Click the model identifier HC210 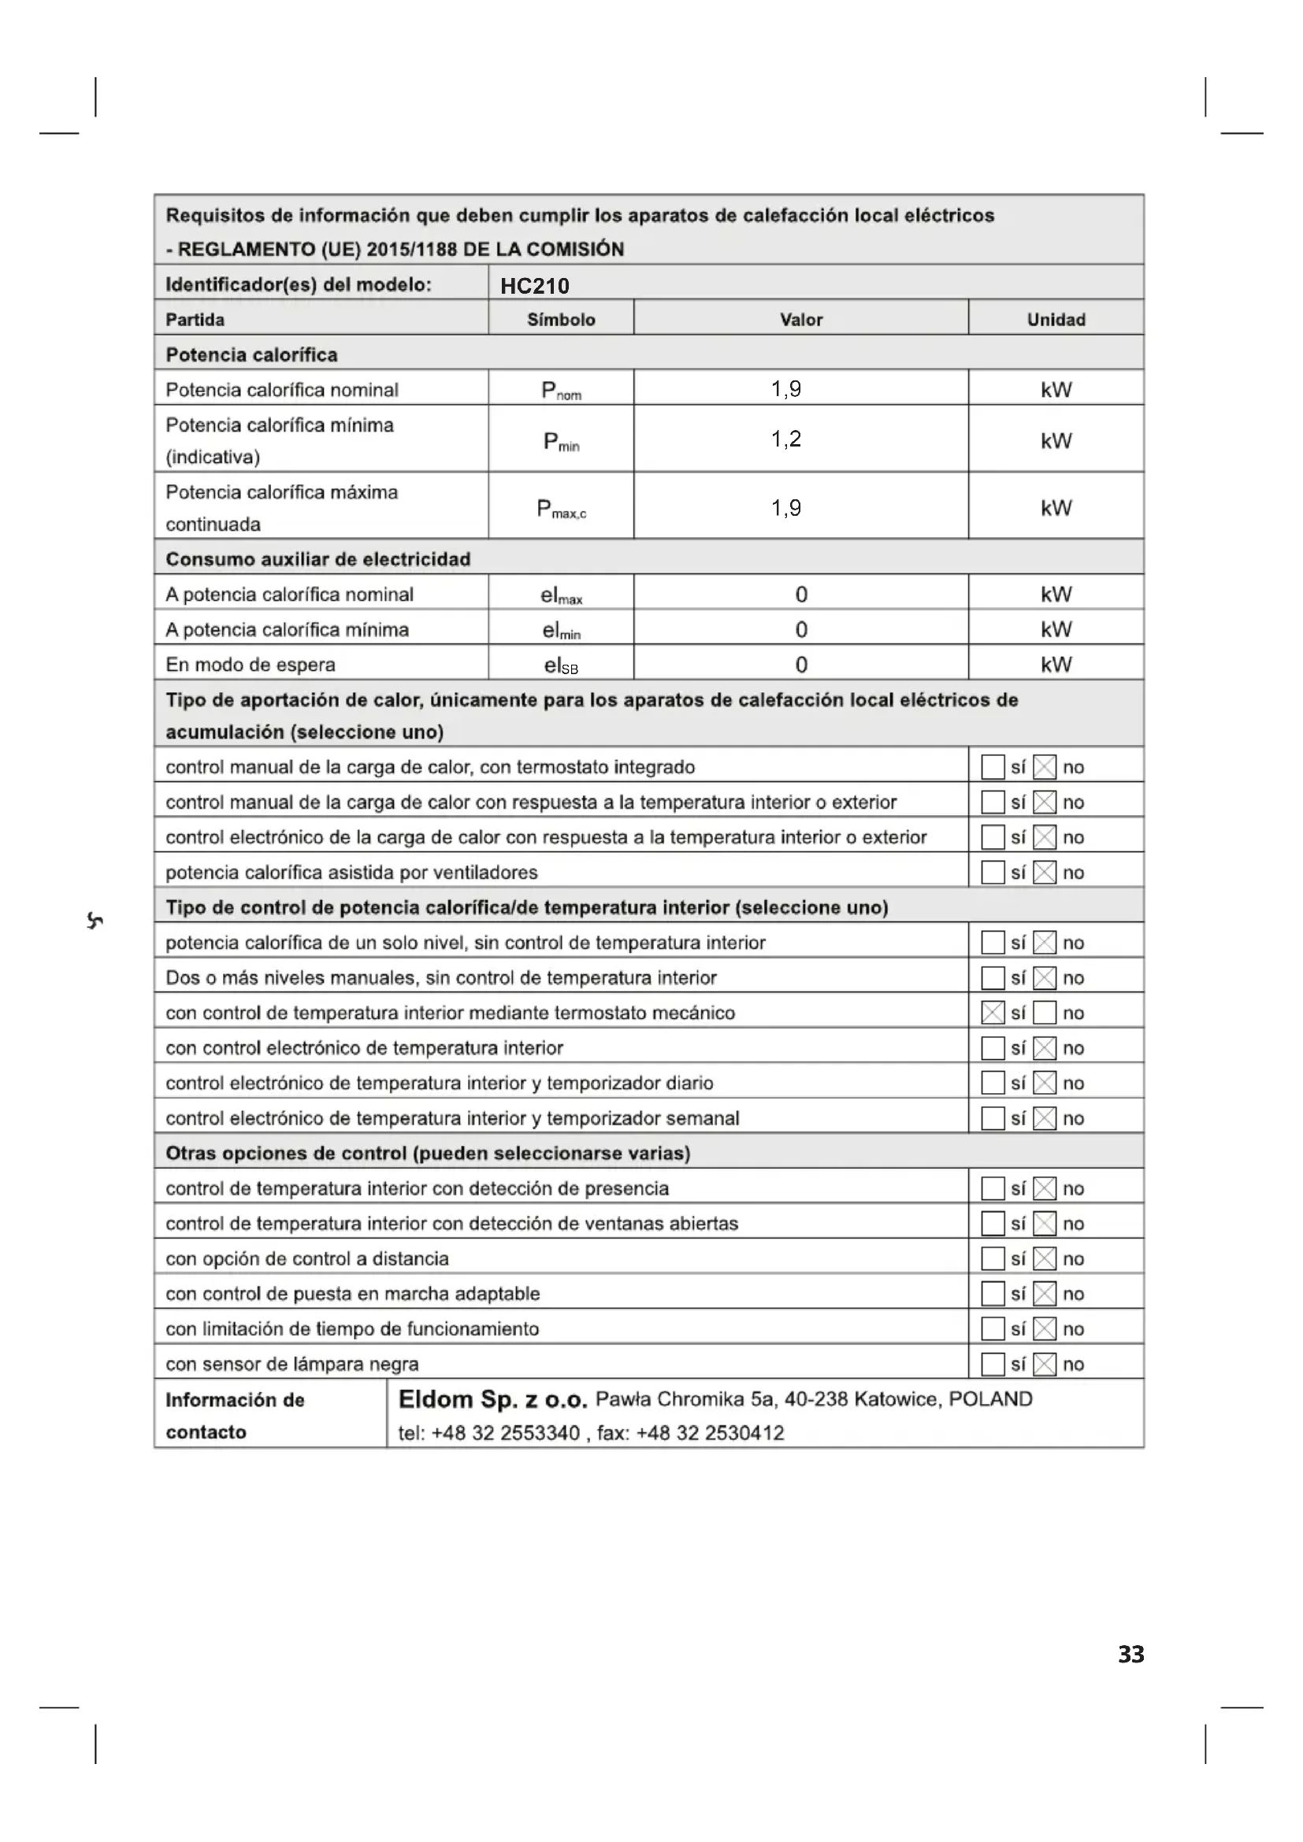point(534,286)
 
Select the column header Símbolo point(561,319)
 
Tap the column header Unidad point(1056,319)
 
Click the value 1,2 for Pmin point(786,439)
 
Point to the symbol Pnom point(561,391)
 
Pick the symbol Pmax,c point(561,509)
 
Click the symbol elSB point(561,665)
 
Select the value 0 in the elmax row point(800,595)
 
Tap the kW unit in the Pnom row point(1056,390)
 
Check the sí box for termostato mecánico point(993,1014)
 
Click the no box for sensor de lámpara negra point(1045,1364)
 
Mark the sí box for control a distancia point(993,1258)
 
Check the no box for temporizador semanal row point(1045,1118)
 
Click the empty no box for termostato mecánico point(1045,1014)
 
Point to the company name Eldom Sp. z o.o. point(492,1400)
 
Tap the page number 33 point(1131,1655)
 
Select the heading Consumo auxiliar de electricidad point(317,559)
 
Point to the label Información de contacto point(234,1416)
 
